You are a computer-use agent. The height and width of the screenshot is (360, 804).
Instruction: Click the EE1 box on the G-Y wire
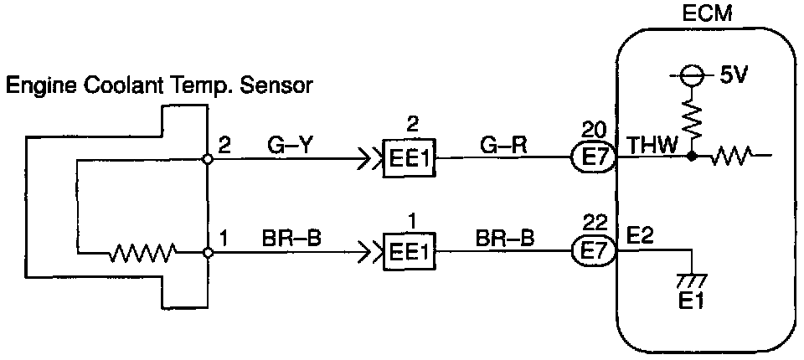[410, 157]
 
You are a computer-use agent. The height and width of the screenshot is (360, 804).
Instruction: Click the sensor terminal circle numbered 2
[207, 157]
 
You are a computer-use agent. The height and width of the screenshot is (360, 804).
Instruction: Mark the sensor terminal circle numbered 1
[207, 250]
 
